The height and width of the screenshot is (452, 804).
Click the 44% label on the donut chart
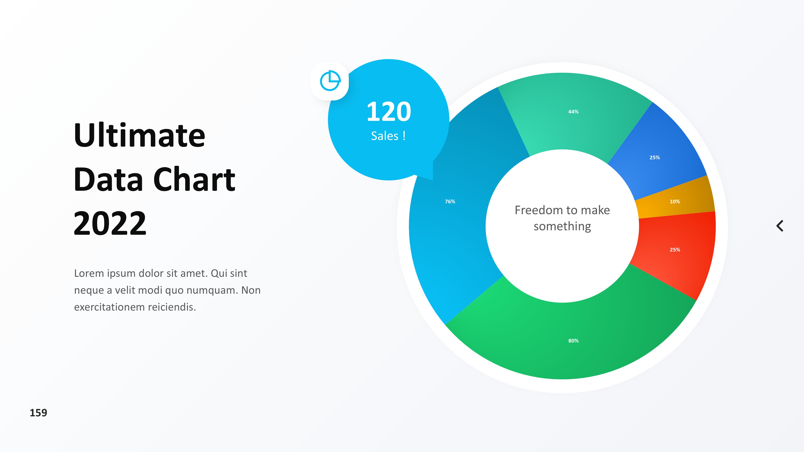tap(573, 112)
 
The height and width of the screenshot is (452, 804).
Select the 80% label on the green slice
tap(573, 341)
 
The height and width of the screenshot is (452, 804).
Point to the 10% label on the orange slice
tap(675, 201)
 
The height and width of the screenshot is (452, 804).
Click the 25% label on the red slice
tap(675, 250)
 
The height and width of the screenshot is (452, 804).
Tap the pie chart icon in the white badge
tap(330, 81)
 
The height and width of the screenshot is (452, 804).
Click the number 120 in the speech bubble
tap(389, 112)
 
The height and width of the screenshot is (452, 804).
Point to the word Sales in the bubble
tap(385, 136)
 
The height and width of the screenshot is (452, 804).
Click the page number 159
tap(38, 413)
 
